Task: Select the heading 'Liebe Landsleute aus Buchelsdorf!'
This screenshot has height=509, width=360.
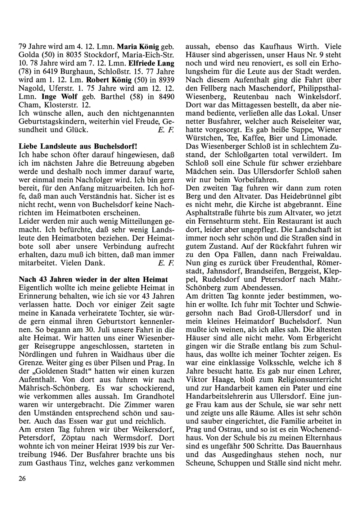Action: pos(78,147)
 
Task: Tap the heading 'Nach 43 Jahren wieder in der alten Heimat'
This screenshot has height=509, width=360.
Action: pos(93,280)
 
